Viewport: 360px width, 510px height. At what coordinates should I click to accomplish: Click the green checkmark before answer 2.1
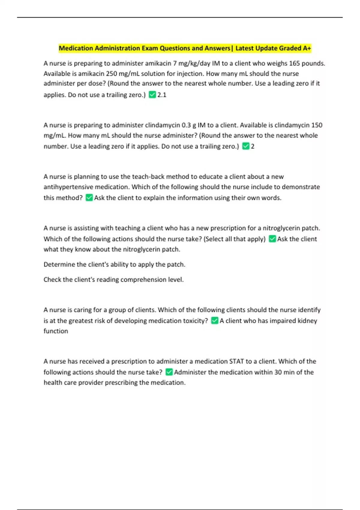(x=152, y=95)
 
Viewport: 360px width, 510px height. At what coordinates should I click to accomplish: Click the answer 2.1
(x=162, y=95)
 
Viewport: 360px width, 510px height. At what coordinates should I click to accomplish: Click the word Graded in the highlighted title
(x=290, y=48)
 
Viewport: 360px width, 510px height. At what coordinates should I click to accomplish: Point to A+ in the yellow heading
(x=307, y=48)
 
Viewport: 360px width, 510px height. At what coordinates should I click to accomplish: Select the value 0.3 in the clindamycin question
(x=186, y=125)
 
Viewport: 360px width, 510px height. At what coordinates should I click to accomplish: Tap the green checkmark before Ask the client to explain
(x=89, y=198)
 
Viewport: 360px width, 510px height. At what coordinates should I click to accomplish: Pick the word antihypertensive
(x=68, y=187)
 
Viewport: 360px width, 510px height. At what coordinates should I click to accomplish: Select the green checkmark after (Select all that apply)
(x=272, y=239)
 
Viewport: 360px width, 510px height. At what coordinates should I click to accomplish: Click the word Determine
(x=59, y=264)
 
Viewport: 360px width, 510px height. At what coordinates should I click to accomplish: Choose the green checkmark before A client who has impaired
(x=214, y=321)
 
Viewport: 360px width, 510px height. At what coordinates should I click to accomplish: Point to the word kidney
(x=307, y=321)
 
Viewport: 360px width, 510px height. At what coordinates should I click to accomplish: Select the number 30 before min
(x=278, y=372)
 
